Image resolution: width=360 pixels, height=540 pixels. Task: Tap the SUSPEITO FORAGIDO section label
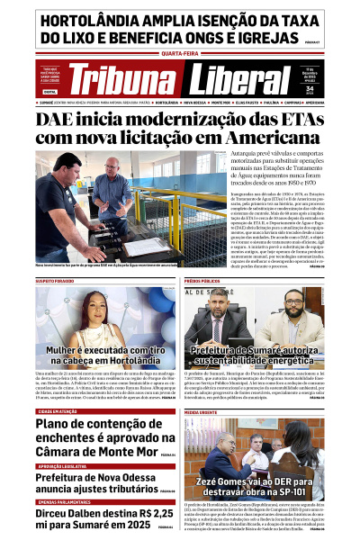(57, 281)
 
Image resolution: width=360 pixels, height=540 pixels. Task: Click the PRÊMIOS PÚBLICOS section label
(203, 281)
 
